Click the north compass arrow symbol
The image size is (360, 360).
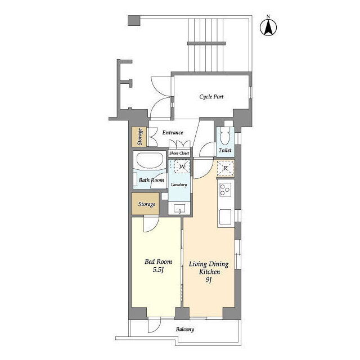coord(268,27)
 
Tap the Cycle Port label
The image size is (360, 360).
coord(211,97)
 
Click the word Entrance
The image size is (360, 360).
coord(173,133)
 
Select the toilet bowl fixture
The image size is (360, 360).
coord(225,137)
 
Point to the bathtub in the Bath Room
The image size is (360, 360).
coord(150,160)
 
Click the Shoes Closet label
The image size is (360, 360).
coord(179,153)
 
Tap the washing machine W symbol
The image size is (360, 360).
coord(182,166)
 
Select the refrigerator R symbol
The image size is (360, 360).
coord(225,168)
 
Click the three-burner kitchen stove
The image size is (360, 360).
coord(225,190)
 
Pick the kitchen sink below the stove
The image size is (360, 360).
coord(225,217)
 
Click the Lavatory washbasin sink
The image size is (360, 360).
coord(179,209)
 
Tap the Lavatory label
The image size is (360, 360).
coord(179,184)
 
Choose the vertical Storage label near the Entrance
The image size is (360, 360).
coord(139,137)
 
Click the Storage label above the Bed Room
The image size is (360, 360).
coord(147,204)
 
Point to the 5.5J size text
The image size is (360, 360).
coord(158,270)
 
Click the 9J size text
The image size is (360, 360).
coord(209,280)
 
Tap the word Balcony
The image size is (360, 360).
coord(185,329)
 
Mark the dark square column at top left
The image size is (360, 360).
coord(134,20)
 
